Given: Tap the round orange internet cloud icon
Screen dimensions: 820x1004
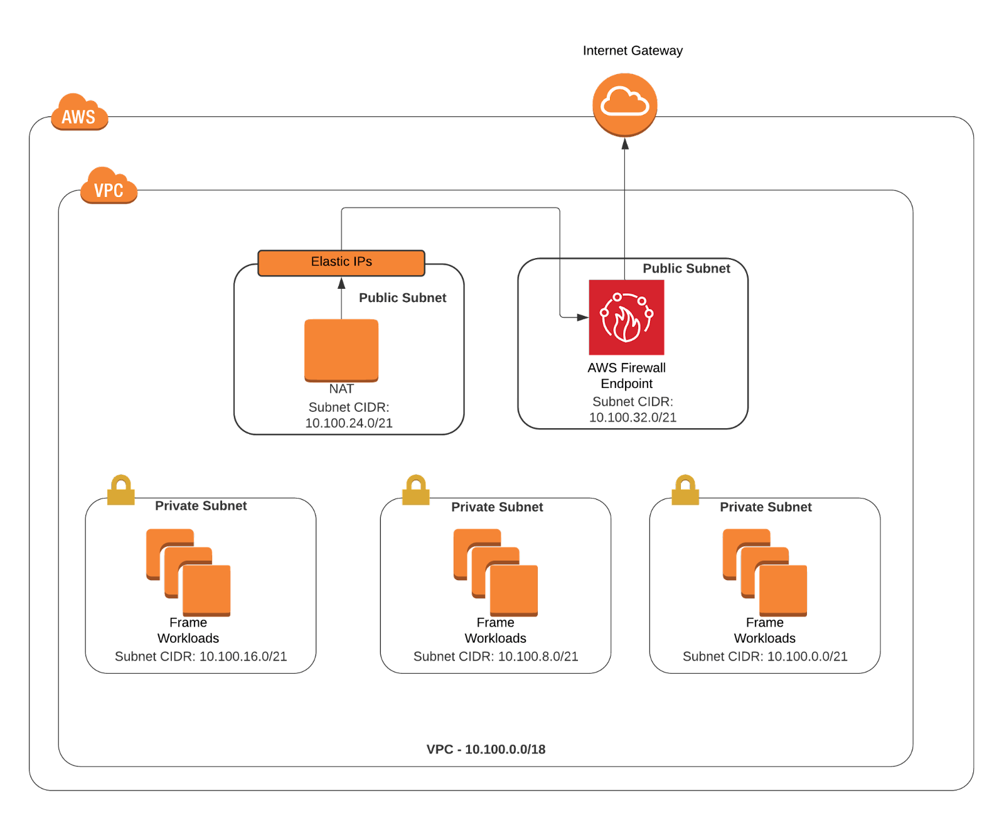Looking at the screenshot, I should (625, 104).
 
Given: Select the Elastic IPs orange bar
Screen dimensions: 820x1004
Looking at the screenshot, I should (341, 262).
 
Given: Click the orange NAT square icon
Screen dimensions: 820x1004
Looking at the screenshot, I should (341, 350).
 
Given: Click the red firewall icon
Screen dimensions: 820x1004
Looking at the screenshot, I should (626, 318).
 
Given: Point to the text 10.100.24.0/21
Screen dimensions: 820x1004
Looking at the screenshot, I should (349, 423).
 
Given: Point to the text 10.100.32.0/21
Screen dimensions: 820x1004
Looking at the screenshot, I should (633, 417).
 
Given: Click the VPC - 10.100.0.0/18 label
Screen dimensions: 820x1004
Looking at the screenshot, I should (486, 749).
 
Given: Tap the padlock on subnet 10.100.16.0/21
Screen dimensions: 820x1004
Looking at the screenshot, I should (121, 491).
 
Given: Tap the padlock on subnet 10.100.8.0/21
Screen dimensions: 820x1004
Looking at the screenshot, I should (415, 491).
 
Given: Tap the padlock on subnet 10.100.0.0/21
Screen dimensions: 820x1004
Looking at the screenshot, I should (685, 491).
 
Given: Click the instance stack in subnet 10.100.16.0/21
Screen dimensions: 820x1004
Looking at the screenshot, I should (189, 573).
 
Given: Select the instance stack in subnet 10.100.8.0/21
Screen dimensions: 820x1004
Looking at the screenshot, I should (496, 573).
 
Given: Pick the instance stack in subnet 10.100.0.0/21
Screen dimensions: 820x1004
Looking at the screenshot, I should (765, 573).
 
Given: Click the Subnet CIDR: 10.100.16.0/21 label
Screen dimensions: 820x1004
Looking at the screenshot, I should (201, 656).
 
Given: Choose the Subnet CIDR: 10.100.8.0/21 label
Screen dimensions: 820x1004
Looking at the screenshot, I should (496, 656).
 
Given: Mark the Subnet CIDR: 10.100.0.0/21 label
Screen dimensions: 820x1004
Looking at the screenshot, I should (765, 656).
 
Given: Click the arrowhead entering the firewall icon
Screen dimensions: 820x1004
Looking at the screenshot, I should (583, 318).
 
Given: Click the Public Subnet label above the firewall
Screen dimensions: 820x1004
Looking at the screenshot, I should (686, 269).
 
